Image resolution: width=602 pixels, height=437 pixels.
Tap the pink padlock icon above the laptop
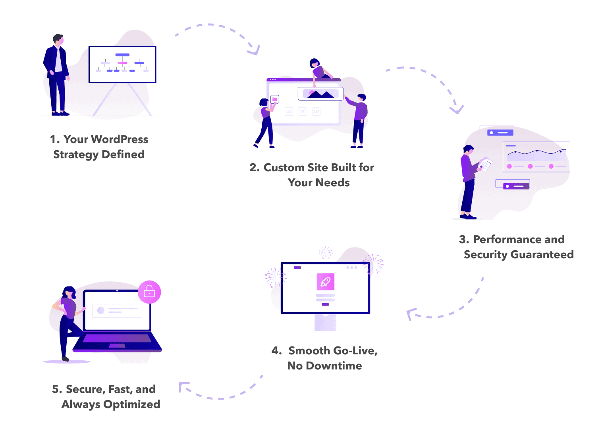[x=149, y=292]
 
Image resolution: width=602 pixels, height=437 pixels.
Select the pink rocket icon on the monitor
[x=325, y=282]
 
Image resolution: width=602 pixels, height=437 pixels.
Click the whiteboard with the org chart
[x=122, y=64]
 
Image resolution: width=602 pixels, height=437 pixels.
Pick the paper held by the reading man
[x=485, y=164]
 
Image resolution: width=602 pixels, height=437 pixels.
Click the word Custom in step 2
[x=284, y=168]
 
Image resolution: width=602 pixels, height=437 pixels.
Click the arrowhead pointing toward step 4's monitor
[x=411, y=313]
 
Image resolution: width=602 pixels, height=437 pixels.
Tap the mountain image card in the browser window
[x=320, y=94]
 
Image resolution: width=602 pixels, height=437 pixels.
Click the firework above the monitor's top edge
[x=326, y=252]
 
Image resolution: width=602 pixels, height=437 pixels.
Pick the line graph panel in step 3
[x=536, y=157]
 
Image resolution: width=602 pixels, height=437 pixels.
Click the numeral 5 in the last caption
[x=56, y=389]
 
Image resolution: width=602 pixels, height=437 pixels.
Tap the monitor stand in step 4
[x=325, y=322]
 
